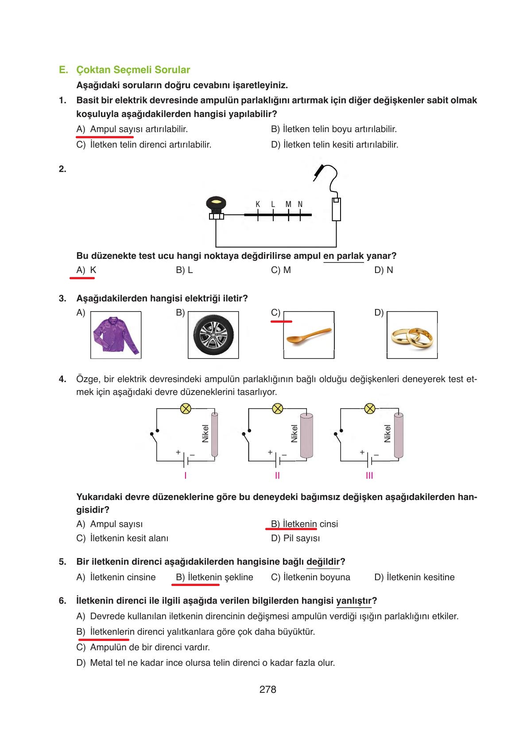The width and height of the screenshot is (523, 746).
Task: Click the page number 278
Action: [x=267, y=689]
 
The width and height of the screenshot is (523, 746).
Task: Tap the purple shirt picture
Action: [x=116, y=335]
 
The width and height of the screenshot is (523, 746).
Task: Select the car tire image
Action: [x=213, y=336]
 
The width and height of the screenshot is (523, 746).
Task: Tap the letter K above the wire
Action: [x=258, y=204]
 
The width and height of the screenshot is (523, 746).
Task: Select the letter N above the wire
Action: [x=300, y=204]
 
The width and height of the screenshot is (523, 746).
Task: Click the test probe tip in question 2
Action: [x=318, y=172]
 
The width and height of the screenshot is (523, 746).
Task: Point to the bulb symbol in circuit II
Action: [x=277, y=408]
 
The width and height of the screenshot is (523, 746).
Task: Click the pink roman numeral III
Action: [x=369, y=476]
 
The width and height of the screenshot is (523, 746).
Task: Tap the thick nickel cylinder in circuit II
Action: [x=306, y=435]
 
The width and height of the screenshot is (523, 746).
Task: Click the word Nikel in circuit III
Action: [x=387, y=434]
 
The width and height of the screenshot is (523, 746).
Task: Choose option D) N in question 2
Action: [x=384, y=270]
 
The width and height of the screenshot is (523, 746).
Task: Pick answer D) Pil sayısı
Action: [x=295, y=538]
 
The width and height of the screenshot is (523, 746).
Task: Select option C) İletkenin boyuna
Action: [x=310, y=577]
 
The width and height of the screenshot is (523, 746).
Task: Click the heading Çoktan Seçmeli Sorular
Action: [x=133, y=70]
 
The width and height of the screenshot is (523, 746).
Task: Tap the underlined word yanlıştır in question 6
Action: [x=354, y=601]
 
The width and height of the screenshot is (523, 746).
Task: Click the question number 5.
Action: [x=62, y=562]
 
